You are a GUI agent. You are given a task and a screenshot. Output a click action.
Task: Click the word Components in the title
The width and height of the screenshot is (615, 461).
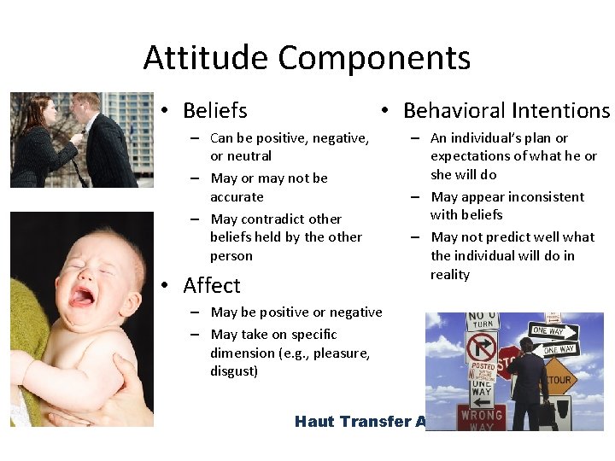pos(374,58)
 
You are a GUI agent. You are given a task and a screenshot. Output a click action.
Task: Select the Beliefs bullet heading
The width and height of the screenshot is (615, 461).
pos(214,111)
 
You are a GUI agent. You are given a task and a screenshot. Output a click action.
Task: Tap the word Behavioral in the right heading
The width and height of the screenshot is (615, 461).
pos(453,111)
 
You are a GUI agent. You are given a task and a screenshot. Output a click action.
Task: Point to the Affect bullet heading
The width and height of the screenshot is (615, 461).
pos(212,285)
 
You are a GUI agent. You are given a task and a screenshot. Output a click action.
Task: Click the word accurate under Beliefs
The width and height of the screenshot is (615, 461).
pos(237,196)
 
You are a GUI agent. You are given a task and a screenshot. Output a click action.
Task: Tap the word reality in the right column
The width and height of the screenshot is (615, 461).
pos(450,274)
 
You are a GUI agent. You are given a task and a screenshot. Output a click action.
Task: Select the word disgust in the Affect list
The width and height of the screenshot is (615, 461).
pos(233,371)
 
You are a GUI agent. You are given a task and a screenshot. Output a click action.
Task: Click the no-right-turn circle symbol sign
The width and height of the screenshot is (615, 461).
pos(481,347)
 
